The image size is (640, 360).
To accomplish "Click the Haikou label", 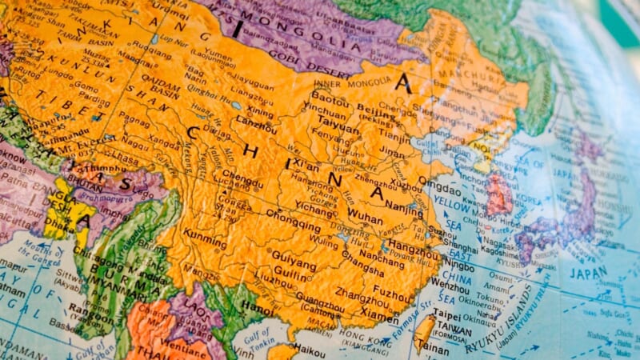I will (x=309, y=350).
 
